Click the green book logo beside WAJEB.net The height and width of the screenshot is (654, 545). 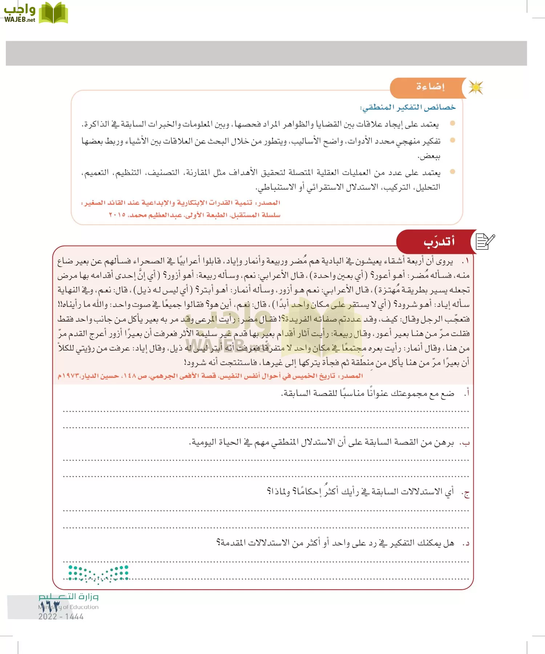[x=53, y=13]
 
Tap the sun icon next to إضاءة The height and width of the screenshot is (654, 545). [x=476, y=88]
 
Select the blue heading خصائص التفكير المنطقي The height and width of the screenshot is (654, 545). [x=407, y=107]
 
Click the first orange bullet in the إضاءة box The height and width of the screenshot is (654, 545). [x=452, y=124]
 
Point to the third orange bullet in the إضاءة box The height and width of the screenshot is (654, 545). [x=452, y=172]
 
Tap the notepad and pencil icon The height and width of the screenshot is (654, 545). [x=485, y=241]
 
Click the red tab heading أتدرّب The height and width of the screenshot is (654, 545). [x=439, y=242]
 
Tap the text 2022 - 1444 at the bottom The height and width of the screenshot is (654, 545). [x=61, y=617]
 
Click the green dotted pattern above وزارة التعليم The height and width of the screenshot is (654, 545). [x=98, y=574]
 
